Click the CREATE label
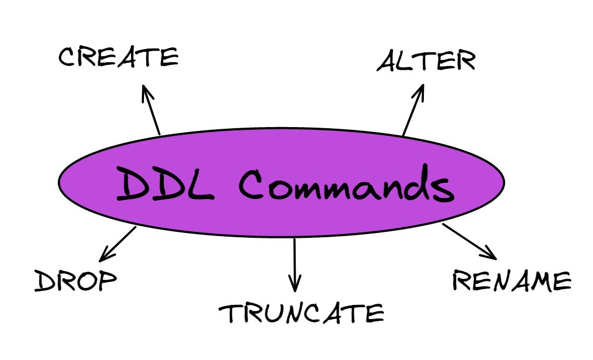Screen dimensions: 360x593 pyautogui.click(x=118, y=57)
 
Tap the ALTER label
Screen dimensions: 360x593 pyautogui.click(x=426, y=61)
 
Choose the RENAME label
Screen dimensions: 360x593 pyautogui.click(x=512, y=280)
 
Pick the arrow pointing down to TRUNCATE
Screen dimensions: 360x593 pyautogui.click(x=295, y=265)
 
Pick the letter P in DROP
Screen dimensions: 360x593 pyautogui.click(x=107, y=281)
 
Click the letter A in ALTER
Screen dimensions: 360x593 pyautogui.click(x=388, y=62)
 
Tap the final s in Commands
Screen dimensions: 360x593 pyautogui.click(x=444, y=189)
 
